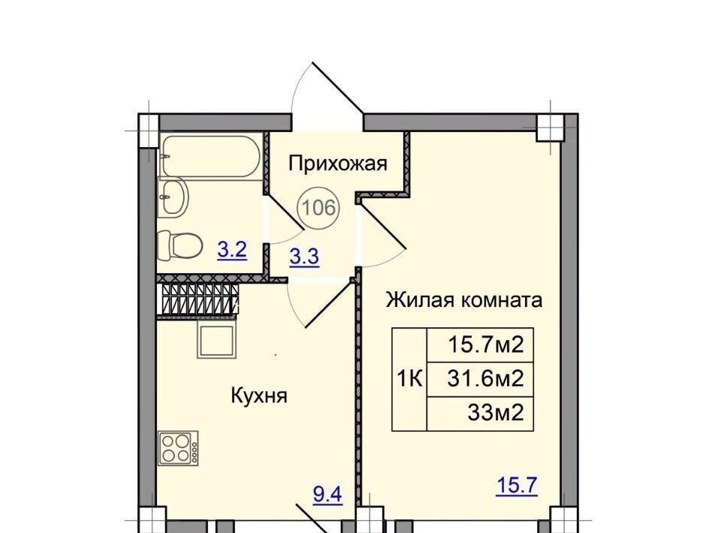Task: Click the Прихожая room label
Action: [x=338, y=164]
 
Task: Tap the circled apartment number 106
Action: [x=319, y=208]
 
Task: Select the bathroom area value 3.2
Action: [x=232, y=251]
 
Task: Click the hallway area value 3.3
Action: [x=304, y=257]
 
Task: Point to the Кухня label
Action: [x=259, y=395]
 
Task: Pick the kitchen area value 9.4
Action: [x=328, y=495]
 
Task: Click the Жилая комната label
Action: [x=464, y=300]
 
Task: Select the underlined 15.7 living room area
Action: [x=517, y=486]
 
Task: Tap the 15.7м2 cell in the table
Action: [x=480, y=345]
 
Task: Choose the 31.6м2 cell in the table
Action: [x=480, y=379]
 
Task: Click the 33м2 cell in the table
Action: [x=480, y=414]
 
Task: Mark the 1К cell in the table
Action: [x=409, y=380]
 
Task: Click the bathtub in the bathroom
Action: [x=210, y=155]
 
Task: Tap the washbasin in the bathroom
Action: [x=173, y=197]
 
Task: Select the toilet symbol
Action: [x=179, y=245]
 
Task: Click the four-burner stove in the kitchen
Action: [x=178, y=448]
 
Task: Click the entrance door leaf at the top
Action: [x=338, y=87]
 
